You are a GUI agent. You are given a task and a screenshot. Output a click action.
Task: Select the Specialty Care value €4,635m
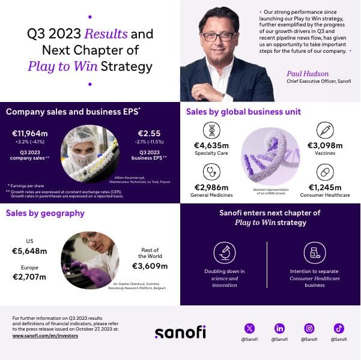[211, 145]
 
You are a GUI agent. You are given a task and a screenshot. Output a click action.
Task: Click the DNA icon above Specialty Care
[211, 130]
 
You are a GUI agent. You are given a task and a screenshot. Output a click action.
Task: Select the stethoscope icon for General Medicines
[211, 172]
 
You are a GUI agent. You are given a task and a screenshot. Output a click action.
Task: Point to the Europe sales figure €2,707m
[30, 277]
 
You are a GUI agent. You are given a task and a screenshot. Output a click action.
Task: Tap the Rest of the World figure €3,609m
[150, 266]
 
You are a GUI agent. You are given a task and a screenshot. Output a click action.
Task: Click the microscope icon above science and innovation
[225, 253]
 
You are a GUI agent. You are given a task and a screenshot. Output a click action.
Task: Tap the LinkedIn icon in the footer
[279, 328]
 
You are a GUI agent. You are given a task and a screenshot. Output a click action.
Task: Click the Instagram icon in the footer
[309, 328]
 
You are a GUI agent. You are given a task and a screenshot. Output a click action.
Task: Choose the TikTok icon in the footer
[339, 328]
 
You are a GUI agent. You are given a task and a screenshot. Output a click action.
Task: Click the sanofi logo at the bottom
[180, 332]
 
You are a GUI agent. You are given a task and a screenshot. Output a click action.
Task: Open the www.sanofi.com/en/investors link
[45, 336]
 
